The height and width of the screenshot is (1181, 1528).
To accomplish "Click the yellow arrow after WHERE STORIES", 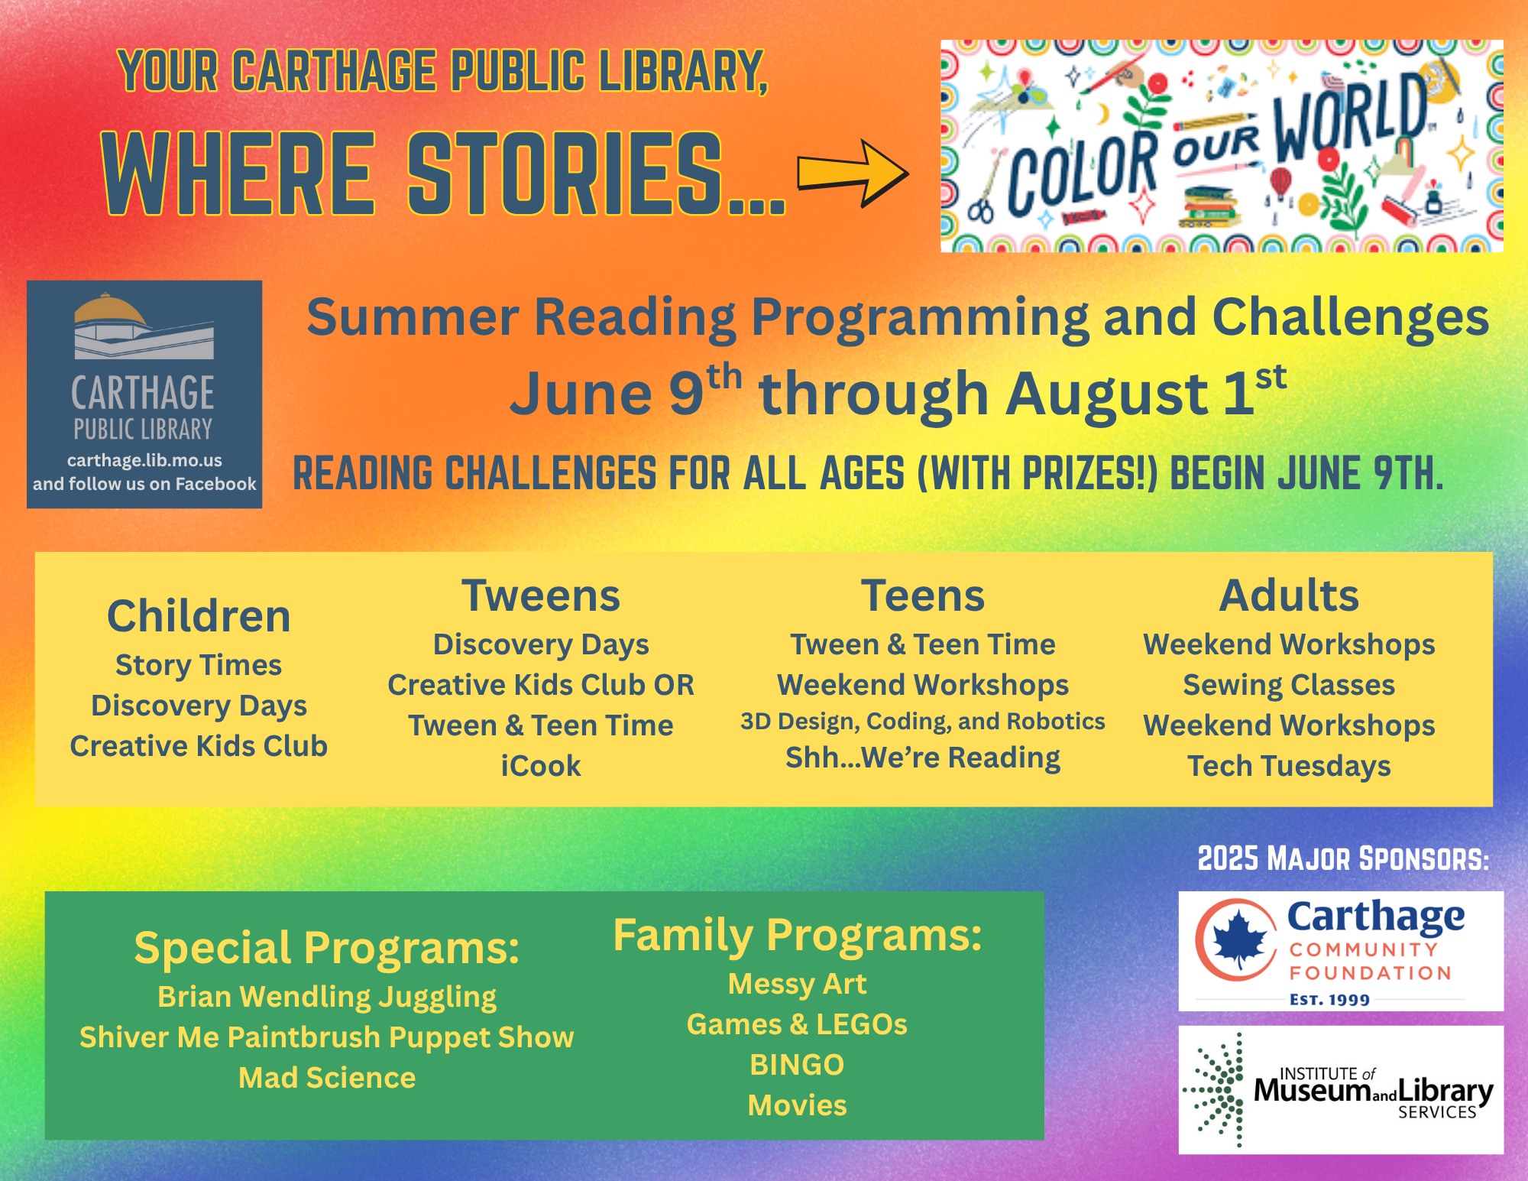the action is pyautogui.click(x=853, y=173).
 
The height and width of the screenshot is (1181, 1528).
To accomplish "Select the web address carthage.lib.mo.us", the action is pyautogui.click(x=144, y=460).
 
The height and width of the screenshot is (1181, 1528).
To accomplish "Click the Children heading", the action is pyautogui.click(x=199, y=616).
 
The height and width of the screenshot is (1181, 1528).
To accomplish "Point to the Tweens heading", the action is pyautogui.click(x=541, y=595).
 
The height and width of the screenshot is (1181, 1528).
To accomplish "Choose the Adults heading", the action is pyautogui.click(x=1289, y=595).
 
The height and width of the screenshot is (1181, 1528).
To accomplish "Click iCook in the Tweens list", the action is pyautogui.click(x=541, y=766).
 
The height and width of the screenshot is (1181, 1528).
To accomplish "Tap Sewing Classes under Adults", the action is pyautogui.click(x=1289, y=686).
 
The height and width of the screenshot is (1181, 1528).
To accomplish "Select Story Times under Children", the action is pyautogui.click(x=199, y=666).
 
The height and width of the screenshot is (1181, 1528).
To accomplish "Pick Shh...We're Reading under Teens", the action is pyautogui.click(x=923, y=758).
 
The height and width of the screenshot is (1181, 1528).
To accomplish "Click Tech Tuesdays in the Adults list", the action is pyautogui.click(x=1289, y=767).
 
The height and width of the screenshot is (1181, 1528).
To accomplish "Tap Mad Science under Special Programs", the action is pyautogui.click(x=327, y=1078).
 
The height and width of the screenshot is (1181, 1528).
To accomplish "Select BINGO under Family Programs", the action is pyautogui.click(x=797, y=1065).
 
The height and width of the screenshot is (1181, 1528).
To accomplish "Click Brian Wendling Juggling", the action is pyautogui.click(x=327, y=998).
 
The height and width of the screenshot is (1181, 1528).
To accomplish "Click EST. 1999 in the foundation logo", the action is pyautogui.click(x=1329, y=1000).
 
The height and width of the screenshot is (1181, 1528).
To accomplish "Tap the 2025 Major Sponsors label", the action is pyautogui.click(x=1343, y=858).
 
